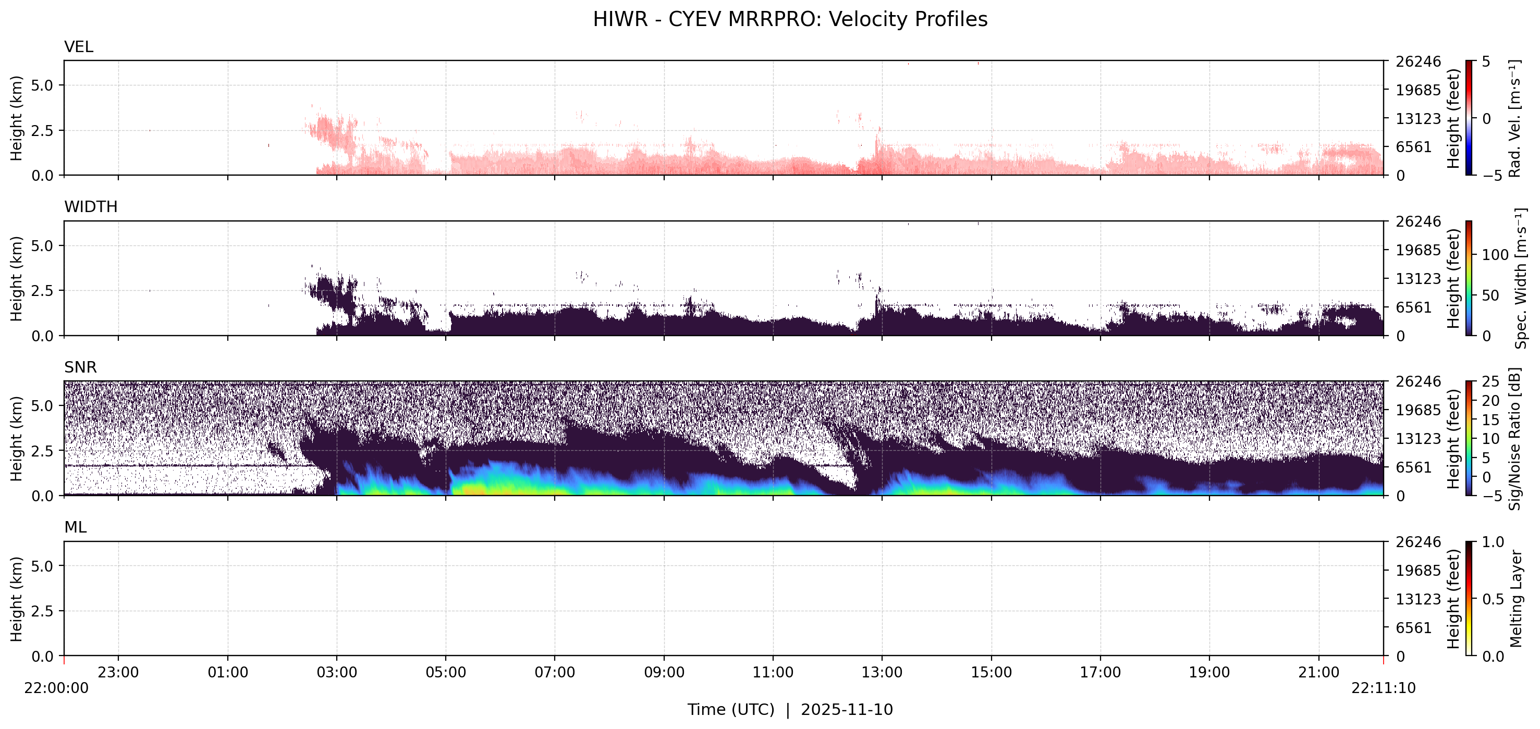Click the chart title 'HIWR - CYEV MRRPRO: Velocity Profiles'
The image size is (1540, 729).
click(x=790, y=19)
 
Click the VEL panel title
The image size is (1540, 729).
click(x=78, y=46)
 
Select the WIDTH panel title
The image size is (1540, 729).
click(x=91, y=207)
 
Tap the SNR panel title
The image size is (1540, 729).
click(x=80, y=367)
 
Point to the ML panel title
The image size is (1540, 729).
click(x=75, y=527)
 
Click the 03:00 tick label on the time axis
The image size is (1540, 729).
click(x=337, y=672)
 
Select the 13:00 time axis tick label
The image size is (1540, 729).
click(x=882, y=672)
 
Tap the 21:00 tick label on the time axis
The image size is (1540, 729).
click(x=1318, y=672)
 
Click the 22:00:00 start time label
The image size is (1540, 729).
click(x=56, y=688)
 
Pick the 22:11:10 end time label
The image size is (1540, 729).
click(x=1384, y=688)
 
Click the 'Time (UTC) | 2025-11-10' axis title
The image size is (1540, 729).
click(x=790, y=709)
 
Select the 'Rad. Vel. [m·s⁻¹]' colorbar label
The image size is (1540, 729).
click(x=1514, y=118)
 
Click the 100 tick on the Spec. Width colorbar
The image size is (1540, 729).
click(x=1495, y=255)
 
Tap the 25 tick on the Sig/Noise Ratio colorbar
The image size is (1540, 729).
click(x=1490, y=381)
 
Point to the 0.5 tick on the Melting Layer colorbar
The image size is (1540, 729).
click(x=1493, y=599)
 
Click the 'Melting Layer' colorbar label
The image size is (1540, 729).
click(x=1515, y=599)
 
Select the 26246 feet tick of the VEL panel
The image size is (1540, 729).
click(x=1418, y=61)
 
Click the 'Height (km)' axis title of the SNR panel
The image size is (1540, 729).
click(x=16, y=439)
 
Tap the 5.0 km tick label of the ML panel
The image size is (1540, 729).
click(x=42, y=566)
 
